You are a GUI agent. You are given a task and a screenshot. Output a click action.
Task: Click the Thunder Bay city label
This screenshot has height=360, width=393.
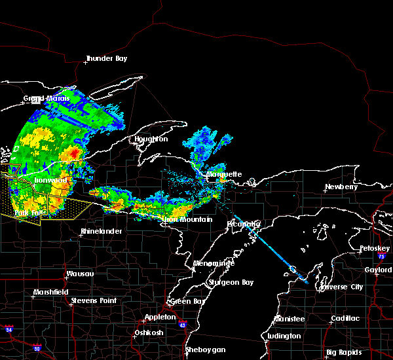[x=107, y=59]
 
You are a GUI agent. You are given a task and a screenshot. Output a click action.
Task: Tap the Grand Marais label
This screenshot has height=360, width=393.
[x=47, y=99]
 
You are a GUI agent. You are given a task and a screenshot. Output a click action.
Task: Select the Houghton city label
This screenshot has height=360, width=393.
[x=152, y=139]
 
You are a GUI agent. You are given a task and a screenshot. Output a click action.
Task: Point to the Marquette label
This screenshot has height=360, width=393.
[x=225, y=175]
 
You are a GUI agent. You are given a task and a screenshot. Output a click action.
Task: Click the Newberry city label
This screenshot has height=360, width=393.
[x=343, y=187]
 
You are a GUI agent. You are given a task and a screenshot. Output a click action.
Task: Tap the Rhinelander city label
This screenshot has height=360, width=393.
[x=102, y=232]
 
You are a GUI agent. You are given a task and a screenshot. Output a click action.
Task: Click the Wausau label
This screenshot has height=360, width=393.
[x=81, y=274]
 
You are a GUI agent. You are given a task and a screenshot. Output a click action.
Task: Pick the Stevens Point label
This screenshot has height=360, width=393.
[x=94, y=300]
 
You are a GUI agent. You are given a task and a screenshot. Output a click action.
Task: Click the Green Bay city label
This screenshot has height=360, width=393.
[x=185, y=302]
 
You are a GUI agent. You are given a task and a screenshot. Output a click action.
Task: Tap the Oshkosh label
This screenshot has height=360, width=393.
[x=148, y=333]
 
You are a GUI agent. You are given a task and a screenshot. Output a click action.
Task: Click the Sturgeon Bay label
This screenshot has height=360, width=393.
[x=229, y=283]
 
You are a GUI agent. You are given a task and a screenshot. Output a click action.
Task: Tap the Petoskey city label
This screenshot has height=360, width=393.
[x=374, y=249]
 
